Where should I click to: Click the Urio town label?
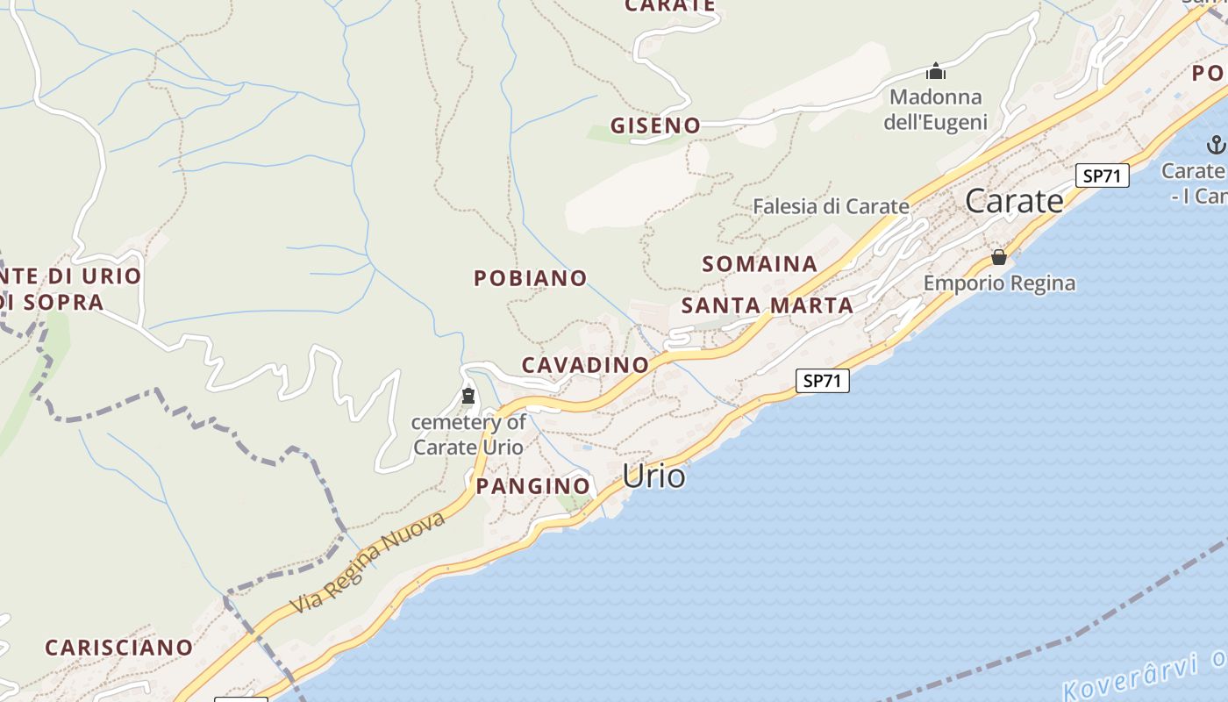[x=653, y=476]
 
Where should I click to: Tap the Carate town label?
[x=1014, y=201]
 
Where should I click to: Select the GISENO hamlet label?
[x=656, y=125]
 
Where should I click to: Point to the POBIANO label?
[x=531, y=278]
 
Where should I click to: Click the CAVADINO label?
[x=585, y=365]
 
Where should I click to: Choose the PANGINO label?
[x=532, y=486]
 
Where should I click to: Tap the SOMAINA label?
[x=760, y=264]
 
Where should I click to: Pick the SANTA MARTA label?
[x=767, y=305]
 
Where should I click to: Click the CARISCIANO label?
[x=118, y=648]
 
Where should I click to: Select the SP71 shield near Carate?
[x=1103, y=175]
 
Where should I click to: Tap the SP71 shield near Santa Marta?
[x=823, y=381]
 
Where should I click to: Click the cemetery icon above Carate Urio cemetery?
[x=468, y=397]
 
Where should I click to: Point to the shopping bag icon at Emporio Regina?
[x=998, y=257]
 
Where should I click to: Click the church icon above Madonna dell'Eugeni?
[x=936, y=71]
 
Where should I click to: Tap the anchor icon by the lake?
[x=1216, y=145]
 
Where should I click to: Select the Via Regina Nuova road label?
[x=368, y=562]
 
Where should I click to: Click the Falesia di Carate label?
[x=831, y=207]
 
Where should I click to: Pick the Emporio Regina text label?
[x=999, y=283]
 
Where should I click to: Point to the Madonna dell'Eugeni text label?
[x=935, y=110]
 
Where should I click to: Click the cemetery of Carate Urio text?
[x=468, y=434]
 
